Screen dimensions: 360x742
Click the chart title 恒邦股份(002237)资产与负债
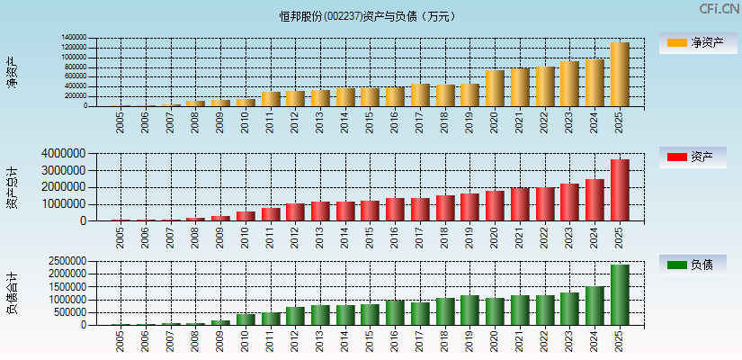coord(367,16)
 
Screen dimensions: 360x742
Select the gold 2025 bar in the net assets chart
coord(620,75)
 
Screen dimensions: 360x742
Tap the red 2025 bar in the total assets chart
coord(620,190)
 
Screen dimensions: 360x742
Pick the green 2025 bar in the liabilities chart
coord(620,294)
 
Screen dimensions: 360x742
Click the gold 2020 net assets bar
coord(495,88)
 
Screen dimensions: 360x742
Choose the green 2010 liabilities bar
coord(245,319)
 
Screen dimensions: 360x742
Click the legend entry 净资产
coord(698,42)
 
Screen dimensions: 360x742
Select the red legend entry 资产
coord(698,157)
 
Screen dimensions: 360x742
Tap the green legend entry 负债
coord(698,265)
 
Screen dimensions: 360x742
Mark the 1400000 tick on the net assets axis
coord(75,39)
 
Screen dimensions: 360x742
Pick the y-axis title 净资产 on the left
coord(13,72)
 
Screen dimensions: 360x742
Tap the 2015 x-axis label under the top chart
coord(370,122)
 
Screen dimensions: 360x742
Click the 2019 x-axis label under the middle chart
coord(469,238)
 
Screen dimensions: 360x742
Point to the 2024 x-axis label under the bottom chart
coord(594,342)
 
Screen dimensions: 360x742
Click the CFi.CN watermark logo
coord(719,9)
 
